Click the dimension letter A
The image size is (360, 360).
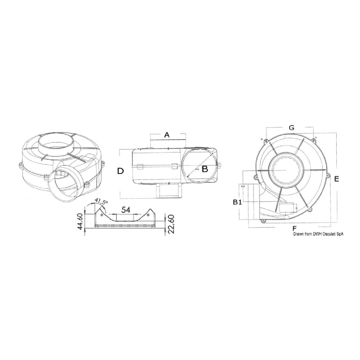167,135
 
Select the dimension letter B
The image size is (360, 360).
205,169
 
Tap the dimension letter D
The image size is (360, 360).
120,171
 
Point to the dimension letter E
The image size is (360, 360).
336,179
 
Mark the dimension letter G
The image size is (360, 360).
291,128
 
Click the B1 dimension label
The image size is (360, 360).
238,202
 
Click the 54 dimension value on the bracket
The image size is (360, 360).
126,210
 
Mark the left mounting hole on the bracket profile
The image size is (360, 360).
102,215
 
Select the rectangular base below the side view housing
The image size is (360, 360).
168,191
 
